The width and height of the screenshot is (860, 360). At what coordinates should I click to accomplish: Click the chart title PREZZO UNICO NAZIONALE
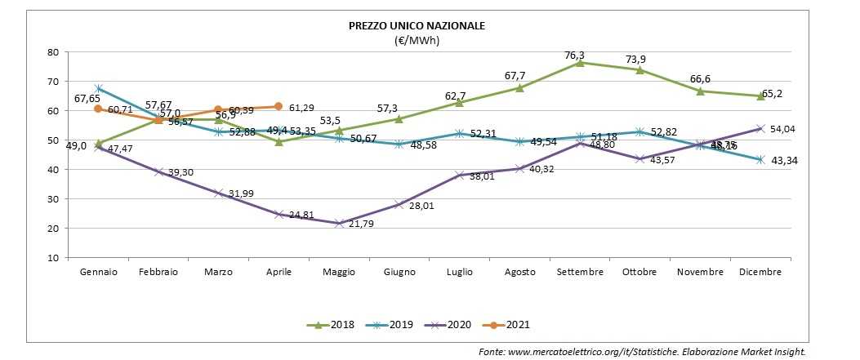(417, 25)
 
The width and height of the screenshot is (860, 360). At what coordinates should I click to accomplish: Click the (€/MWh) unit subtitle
(417, 39)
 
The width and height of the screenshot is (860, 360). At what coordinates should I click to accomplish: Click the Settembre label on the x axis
(579, 272)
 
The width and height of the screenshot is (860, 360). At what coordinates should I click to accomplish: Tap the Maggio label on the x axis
(339, 272)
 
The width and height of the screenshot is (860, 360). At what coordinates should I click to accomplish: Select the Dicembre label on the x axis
(760, 272)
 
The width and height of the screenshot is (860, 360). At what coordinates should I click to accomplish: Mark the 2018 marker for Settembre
(580, 62)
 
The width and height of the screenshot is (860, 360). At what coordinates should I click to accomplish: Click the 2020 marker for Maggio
(339, 223)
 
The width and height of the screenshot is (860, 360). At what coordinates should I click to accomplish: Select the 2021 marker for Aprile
(279, 106)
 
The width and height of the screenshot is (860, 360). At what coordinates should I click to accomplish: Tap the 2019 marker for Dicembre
(760, 159)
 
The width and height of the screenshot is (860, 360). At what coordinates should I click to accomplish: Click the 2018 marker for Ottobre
(640, 69)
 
